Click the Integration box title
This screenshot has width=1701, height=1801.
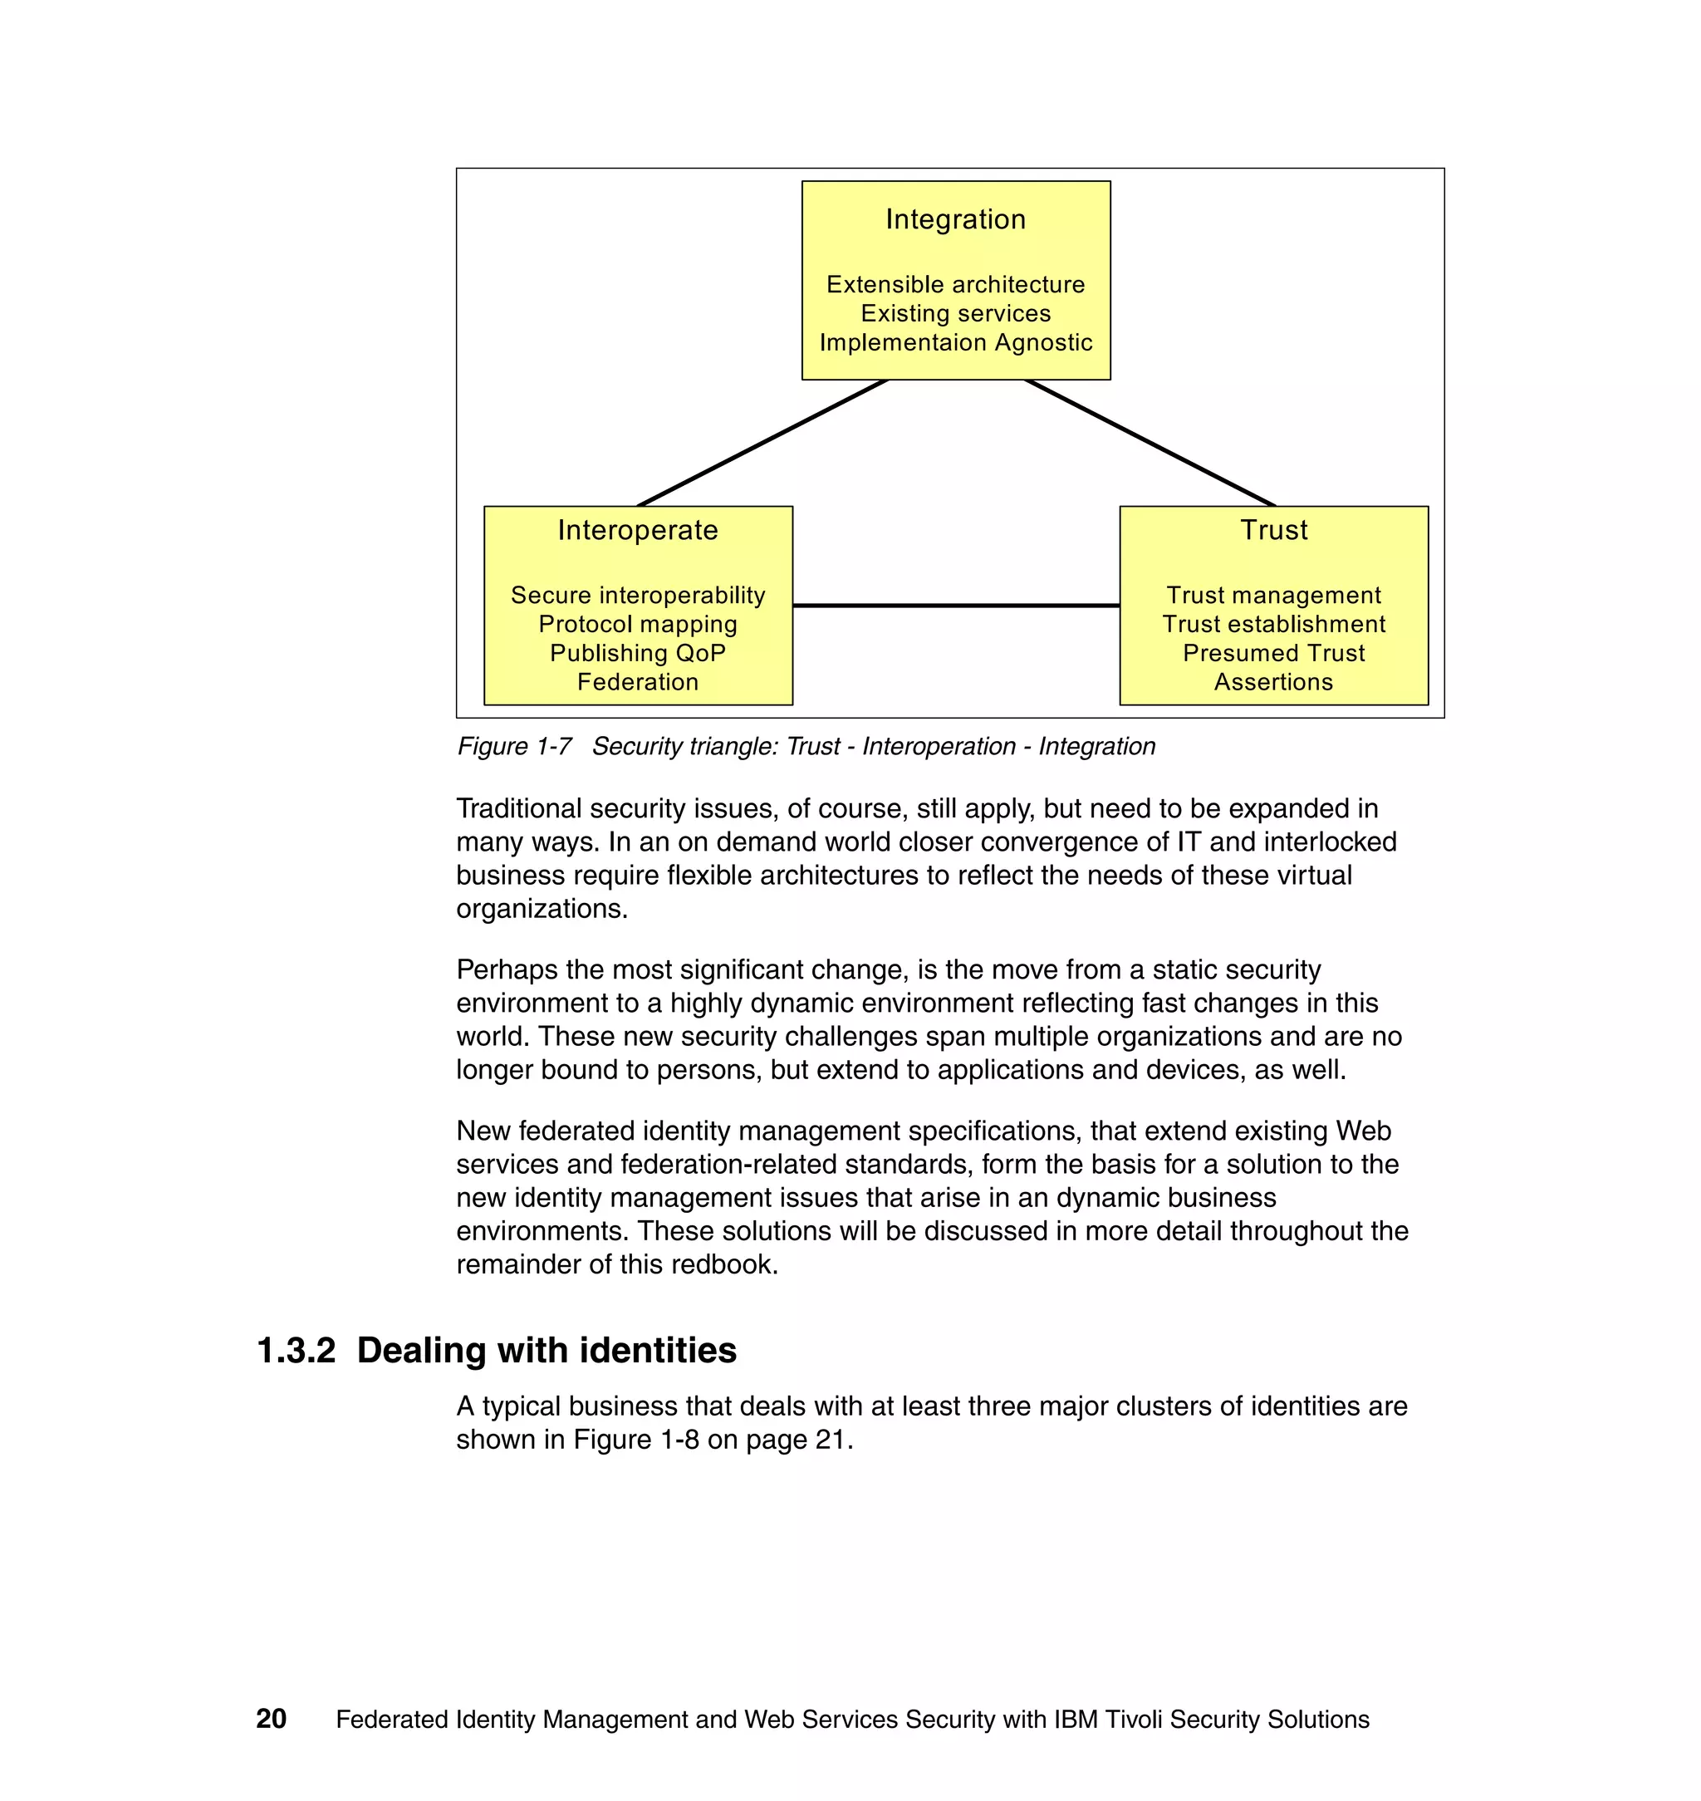(x=955, y=219)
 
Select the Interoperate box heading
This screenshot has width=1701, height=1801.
(x=637, y=530)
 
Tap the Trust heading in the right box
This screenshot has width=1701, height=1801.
(x=1273, y=530)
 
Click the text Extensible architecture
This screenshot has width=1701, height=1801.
(x=955, y=285)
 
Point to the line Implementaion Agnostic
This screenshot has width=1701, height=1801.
(x=955, y=343)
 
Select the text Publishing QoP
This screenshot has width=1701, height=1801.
(x=637, y=653)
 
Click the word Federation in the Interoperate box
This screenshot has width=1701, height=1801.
(x=637, y=682)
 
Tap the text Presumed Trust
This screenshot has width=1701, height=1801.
(x=1273, y=653)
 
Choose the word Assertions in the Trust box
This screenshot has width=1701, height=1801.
(x=1273, y=682)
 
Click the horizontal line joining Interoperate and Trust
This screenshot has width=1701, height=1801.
(x=956, y=605)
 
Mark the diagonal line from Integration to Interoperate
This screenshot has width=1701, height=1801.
(x=762, y=443)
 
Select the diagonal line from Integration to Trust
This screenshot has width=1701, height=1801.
(x=1150, y=443)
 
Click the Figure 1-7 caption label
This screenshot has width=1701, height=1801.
(x=514, y=746)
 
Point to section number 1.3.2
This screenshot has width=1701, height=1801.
(x=296, y=1350)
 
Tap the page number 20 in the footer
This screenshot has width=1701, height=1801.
(x=271, y=1719)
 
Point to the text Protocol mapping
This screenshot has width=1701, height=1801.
(x=637, y=624)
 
